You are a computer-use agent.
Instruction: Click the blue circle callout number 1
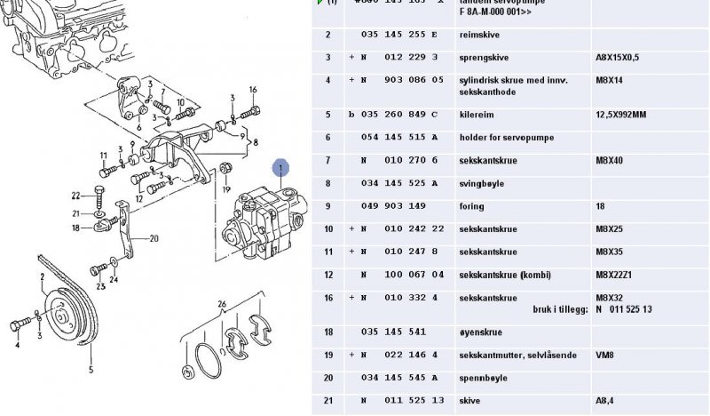[280, 167]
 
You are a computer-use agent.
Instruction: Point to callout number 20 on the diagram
[154, 238]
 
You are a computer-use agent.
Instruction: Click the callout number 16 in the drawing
[253, 90]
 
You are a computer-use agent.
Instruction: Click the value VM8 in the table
[603, 355]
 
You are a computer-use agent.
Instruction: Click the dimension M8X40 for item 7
[608, 161]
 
